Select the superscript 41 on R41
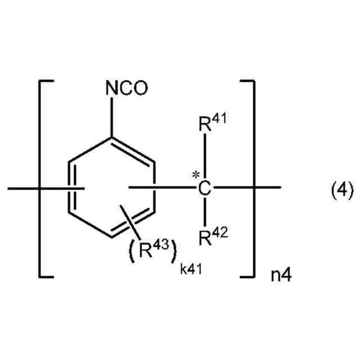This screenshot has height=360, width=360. click(x=220, y=120)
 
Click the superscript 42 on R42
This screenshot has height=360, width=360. click(x=220, y=235)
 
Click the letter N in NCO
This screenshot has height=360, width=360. click(x=111, y=89)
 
